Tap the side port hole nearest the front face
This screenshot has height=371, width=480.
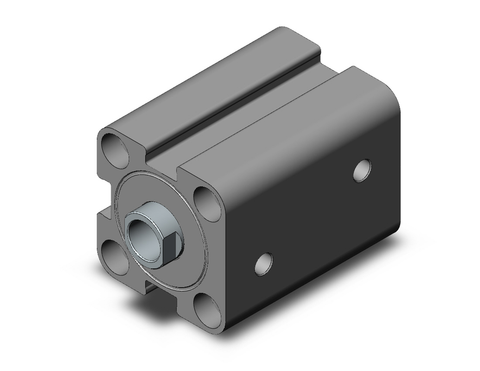coord(264,264)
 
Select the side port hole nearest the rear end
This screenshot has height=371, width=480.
coord(361,170)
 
